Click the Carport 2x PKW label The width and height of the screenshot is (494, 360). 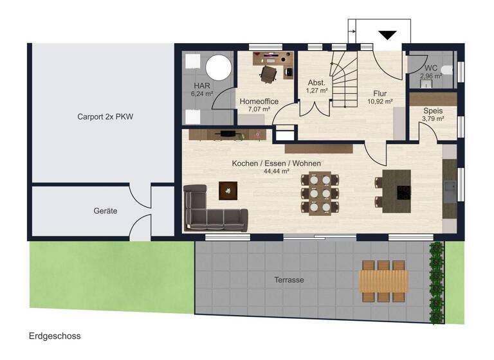point(101,117)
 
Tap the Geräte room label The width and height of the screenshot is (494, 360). point(105,211)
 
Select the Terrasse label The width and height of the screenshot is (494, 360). point(288,280)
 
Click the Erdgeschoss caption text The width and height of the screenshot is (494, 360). point(55,336)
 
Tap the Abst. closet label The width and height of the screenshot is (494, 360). point(317,83)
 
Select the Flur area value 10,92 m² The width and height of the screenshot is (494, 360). point(380,102)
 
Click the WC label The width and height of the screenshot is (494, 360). point(430,68)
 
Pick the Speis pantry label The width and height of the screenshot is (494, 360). point(432,111)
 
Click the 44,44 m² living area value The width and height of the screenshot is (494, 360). point(276,172)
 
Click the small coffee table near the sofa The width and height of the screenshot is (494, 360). point(228,190)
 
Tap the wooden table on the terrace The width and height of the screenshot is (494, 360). point(383,281)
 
